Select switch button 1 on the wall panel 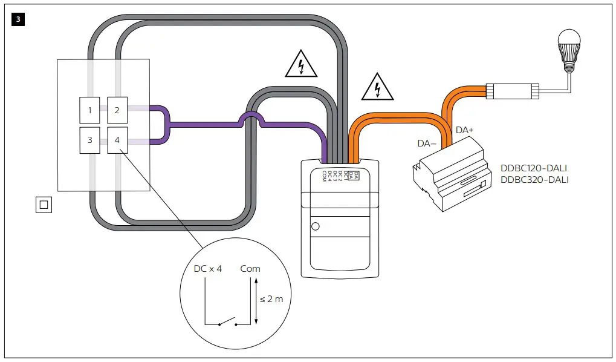(x=89, y=110)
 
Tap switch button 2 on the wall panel (x=117, y=110)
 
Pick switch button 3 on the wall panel (x=89, y=140)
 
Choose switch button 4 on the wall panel (x=117, y=140)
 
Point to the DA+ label (x=465, y=130)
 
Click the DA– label (x=427, y=144)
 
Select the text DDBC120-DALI (x=534, y=168)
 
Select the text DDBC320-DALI (x=534, y=180)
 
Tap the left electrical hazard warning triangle (x=300, y=64)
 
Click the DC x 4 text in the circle (x=207, y=268)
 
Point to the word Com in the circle (x=250, y=268)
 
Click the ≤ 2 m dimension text (x=271, y=299)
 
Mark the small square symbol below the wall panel (x=44, y=205)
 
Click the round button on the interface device (x=315, y=228)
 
